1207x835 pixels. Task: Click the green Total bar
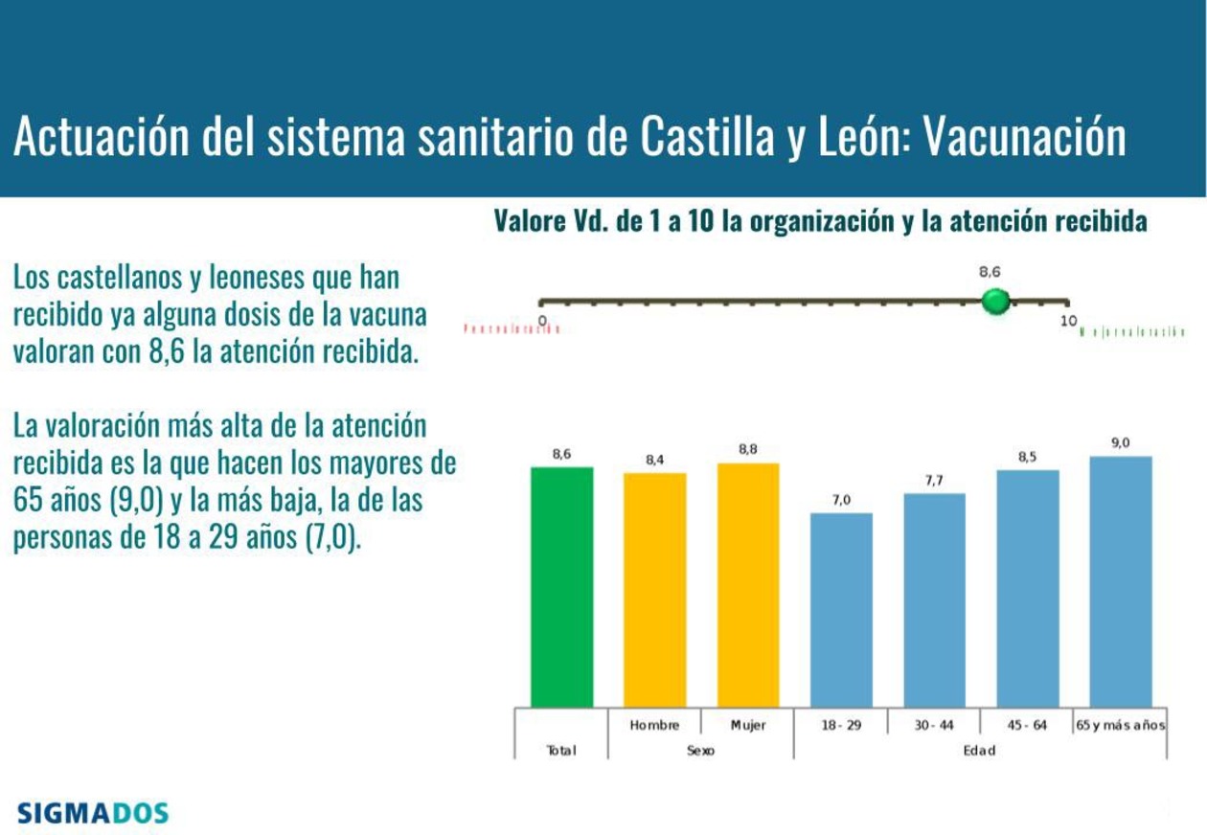tap(561, 586)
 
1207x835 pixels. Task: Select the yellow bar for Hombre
tap(654, 589)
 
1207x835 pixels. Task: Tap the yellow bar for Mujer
tap(748, 584)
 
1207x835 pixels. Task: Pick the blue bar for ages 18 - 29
tap(841, 609)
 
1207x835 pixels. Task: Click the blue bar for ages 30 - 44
tap(934, 599)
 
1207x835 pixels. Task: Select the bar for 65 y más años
tap(1121, 580)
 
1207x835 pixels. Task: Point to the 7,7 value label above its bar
tap(934, 481)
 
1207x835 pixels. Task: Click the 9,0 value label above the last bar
tap(1121, 443)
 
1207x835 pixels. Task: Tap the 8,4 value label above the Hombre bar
tap(654, 461)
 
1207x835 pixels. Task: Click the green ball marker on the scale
tap(996, 302)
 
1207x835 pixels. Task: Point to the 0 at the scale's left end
tap(543, 320)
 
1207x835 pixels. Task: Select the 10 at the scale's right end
tap(1068, 321)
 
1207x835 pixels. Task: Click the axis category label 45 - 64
tap(1027, 726)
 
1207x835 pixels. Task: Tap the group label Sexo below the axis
tap(700, 751)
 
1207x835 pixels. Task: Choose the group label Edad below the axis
tap(979, 751)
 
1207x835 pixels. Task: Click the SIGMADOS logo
tap(93, 814)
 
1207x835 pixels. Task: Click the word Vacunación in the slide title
tap(1023, 138)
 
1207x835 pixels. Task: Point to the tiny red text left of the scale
tap(511, 329)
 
